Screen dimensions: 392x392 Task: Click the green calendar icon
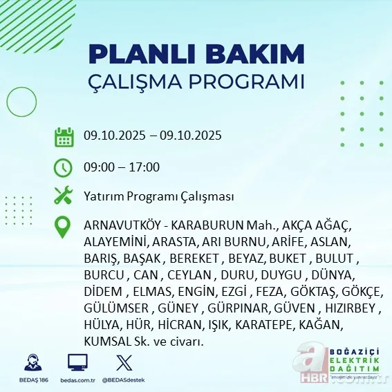point(64,136)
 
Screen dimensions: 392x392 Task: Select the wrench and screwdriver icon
point(64,196)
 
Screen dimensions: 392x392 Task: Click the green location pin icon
point(64,227)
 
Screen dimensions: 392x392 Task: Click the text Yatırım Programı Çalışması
point(158,196)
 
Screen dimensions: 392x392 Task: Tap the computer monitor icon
point(77,362)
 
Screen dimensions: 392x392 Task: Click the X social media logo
point(124,362)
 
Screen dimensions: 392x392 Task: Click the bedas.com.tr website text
point(77,380)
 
